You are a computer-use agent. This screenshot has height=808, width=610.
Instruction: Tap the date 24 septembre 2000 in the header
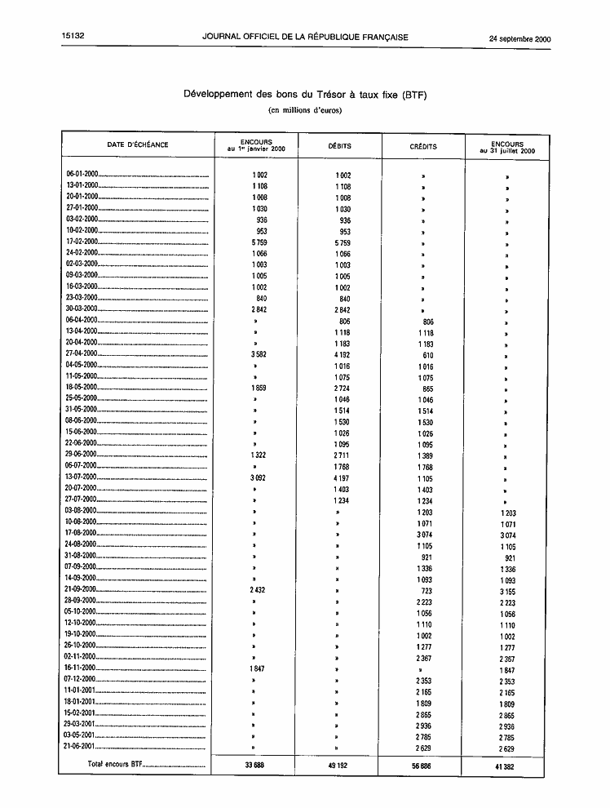519,38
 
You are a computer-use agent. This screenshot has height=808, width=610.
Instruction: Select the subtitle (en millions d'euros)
305,110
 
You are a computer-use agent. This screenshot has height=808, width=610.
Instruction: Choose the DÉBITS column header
339,146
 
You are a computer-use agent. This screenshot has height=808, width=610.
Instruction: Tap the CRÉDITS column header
423,147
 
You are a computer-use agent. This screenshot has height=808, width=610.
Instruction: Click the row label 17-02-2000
82,242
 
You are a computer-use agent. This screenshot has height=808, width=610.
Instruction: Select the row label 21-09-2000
82,588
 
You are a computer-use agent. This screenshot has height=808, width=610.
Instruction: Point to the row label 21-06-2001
82,746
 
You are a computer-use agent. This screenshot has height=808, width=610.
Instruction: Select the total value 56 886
422,766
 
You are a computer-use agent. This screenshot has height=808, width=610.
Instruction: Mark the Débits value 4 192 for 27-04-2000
343,354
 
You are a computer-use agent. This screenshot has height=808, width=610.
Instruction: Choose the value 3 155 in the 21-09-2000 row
507,591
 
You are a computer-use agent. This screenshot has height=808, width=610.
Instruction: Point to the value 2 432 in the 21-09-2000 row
257,588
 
